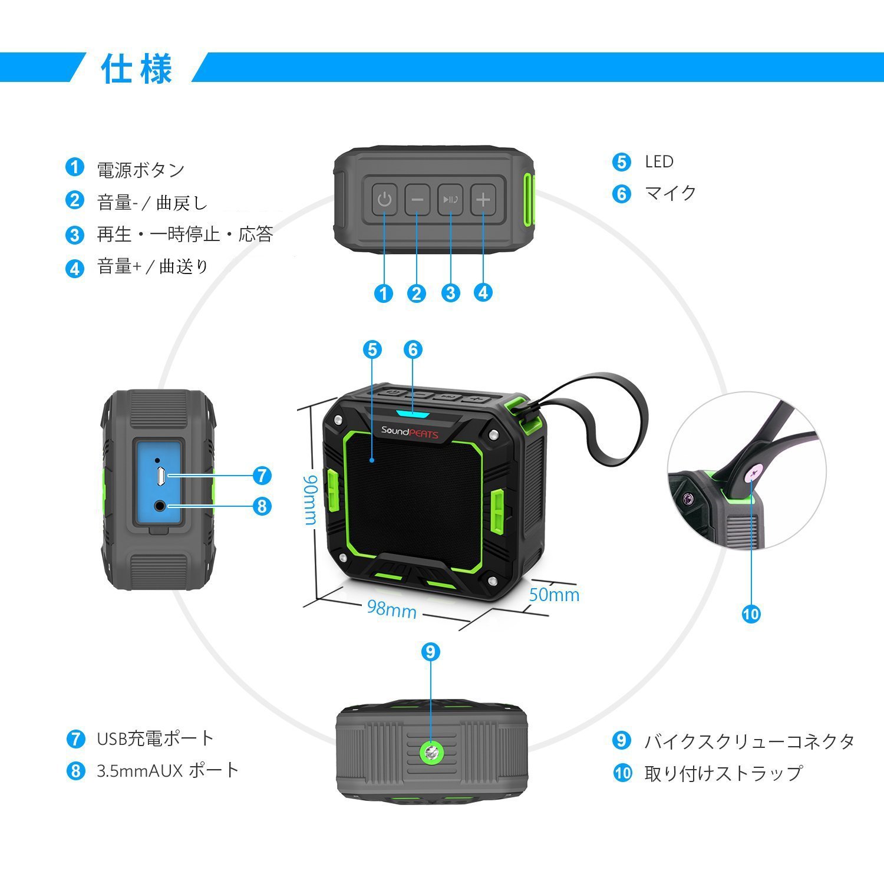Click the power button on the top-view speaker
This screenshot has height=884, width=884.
(384, 199)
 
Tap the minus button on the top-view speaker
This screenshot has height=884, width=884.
(417, 199)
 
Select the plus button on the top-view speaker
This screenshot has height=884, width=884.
(483, 199)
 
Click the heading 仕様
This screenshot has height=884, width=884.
(137, 68)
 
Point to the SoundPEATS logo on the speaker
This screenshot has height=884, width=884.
(410, 431)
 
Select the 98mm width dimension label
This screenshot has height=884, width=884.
(391, 608)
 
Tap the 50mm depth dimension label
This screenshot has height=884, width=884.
(554, 595)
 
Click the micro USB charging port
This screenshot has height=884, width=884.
(160, 476)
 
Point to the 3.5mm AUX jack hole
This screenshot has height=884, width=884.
(160, 505)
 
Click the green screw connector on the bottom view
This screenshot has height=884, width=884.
(431, 751)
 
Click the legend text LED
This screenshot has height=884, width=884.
(659, 161)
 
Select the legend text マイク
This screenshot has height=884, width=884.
(671, 193)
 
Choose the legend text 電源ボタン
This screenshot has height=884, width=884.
(141, 170)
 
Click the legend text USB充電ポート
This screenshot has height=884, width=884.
(155, 738)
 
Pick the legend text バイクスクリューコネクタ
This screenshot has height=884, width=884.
(748, 741)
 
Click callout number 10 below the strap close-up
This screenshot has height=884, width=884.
(751, 614)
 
